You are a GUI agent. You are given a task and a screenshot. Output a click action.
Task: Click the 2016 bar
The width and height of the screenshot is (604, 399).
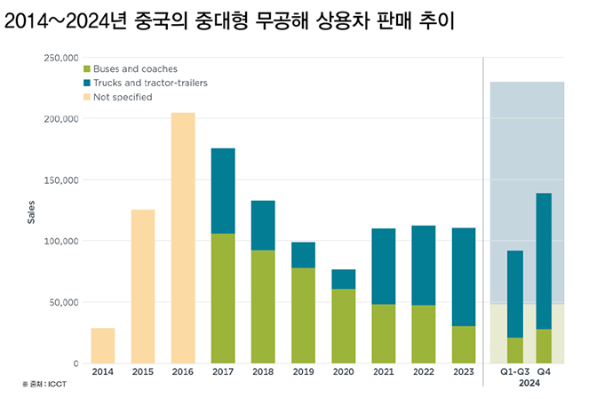pos(182,238)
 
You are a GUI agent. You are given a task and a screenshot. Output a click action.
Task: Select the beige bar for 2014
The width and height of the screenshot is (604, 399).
pos(102,346)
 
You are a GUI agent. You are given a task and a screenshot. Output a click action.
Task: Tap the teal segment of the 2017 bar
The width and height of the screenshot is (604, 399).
pos(223,191)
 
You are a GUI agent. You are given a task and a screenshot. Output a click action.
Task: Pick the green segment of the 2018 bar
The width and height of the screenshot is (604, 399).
pos(263,307)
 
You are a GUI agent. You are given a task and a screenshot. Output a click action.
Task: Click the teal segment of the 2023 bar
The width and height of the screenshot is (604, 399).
pos(464,277)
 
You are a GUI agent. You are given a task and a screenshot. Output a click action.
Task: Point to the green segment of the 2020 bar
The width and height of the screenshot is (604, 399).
pos(344,326)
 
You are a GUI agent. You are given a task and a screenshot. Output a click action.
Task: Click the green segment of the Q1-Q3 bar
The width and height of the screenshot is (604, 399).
pos(515,350)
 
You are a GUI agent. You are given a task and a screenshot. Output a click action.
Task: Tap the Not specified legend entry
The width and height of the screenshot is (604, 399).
pos(123,97)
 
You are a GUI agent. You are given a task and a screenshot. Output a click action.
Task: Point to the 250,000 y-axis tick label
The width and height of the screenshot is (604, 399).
pos(60,58)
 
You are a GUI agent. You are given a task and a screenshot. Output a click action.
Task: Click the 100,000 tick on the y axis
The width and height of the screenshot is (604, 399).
pos(60,241)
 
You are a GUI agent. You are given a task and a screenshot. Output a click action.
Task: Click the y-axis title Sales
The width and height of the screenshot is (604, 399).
pos(30,213)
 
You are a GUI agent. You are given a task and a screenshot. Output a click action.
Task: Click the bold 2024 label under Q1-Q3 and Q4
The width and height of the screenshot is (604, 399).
pos(529,384)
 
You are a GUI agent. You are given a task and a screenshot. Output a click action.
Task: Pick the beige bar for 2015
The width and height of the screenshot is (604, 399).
pos(142,286)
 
